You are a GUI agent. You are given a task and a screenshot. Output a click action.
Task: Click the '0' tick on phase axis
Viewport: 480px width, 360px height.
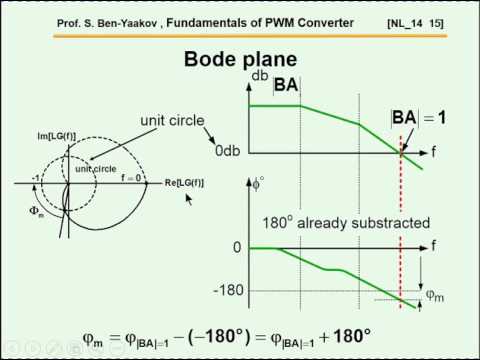point(236,247)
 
